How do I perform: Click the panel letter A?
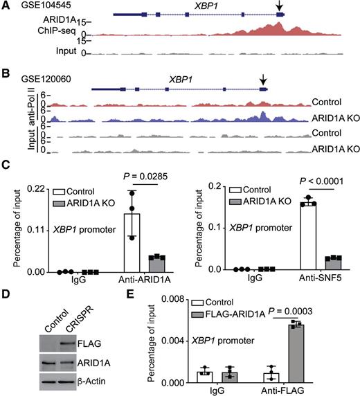pos(5,6)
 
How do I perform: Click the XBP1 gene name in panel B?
pos(181,80)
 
